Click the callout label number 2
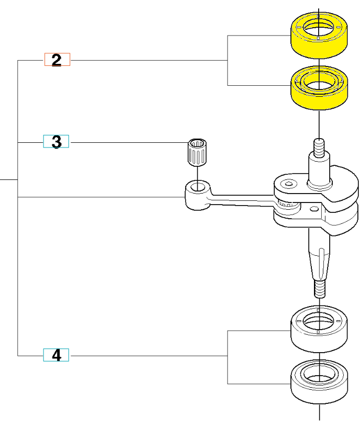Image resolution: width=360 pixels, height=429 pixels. pyautogui.click(x=57, y=60)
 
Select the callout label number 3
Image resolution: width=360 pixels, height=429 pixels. pyautogui.click(x=56, y=141)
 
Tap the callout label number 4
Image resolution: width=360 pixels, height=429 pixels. pyautogui.click(x=56, y=356)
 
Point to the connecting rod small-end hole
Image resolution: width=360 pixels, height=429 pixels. pyautogui.click(x=198, y=187)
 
